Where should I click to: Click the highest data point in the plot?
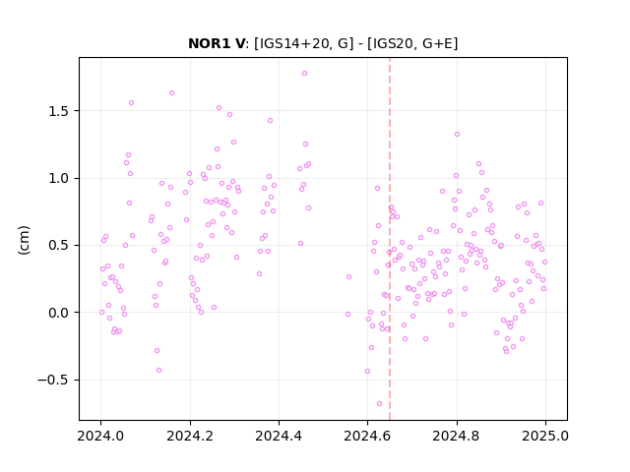(x=304, y=74)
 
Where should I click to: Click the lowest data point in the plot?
(x=379, y=404)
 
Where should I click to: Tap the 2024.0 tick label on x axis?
(x=100, y=436)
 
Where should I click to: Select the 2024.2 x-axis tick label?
(x=190, y=436)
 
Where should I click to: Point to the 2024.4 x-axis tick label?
(x=279, y=436)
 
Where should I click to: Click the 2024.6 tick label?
(x=367, y=436)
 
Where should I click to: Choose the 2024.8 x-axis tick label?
(x=456, y=436)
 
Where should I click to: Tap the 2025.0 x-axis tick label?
(x=545, y=436)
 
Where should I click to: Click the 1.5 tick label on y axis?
(x=59, y=111)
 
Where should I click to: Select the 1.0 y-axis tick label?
(x=59, y=178)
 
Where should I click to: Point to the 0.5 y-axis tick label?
(x=59, y=245)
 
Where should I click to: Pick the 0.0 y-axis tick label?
(x=59, y=313)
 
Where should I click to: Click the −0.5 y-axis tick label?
(x=53, y=380)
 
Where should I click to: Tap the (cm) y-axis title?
(x=24, y=240)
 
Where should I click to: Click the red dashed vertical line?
(x=390, y=239)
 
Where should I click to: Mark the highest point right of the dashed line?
(x=457, y=135)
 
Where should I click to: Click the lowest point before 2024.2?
(x=158, y=370)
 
